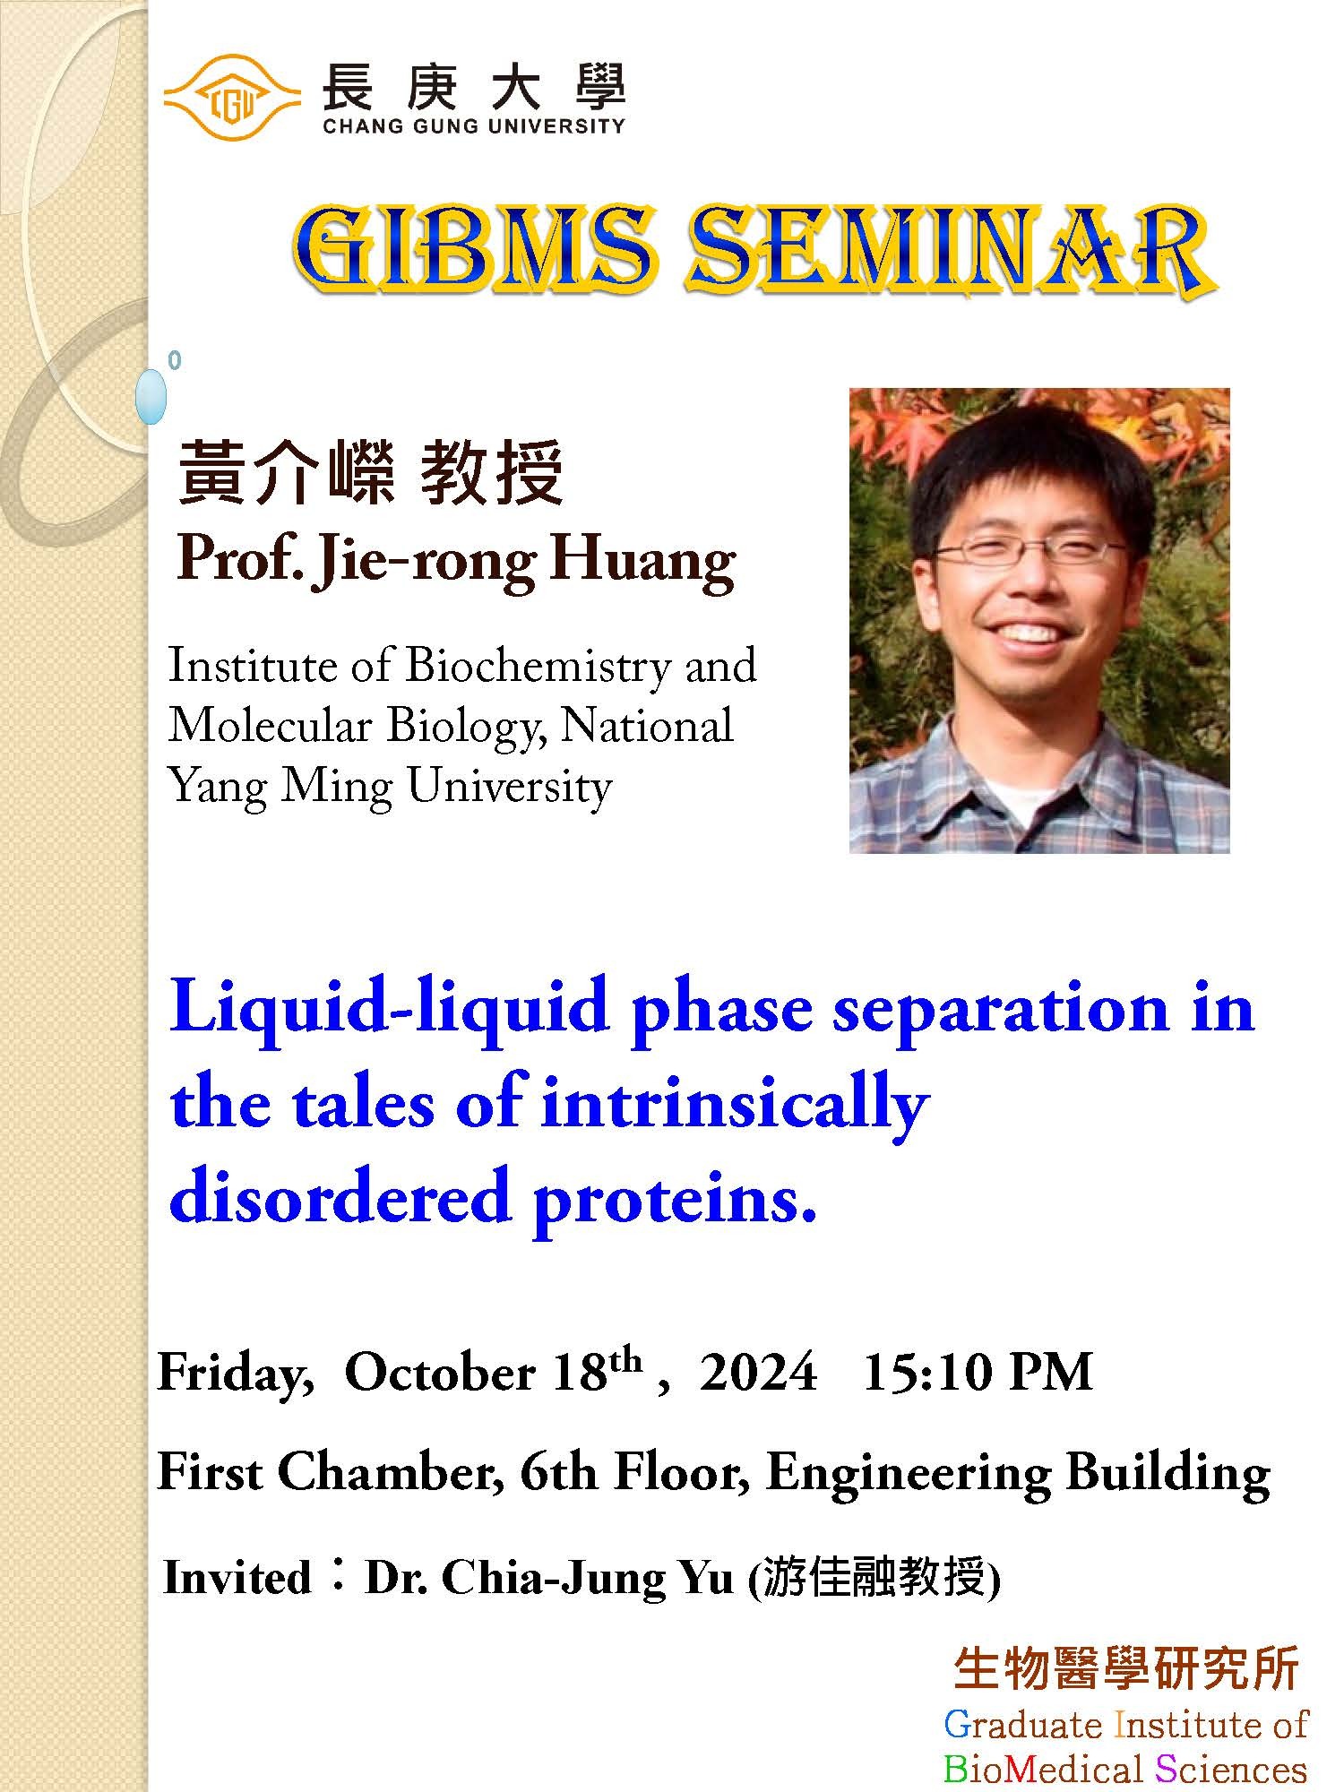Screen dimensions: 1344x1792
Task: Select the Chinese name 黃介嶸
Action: click(286, 473)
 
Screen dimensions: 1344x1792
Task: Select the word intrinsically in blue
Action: click(735, 1105)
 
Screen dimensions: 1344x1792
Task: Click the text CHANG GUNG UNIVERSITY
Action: click(473, 126)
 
